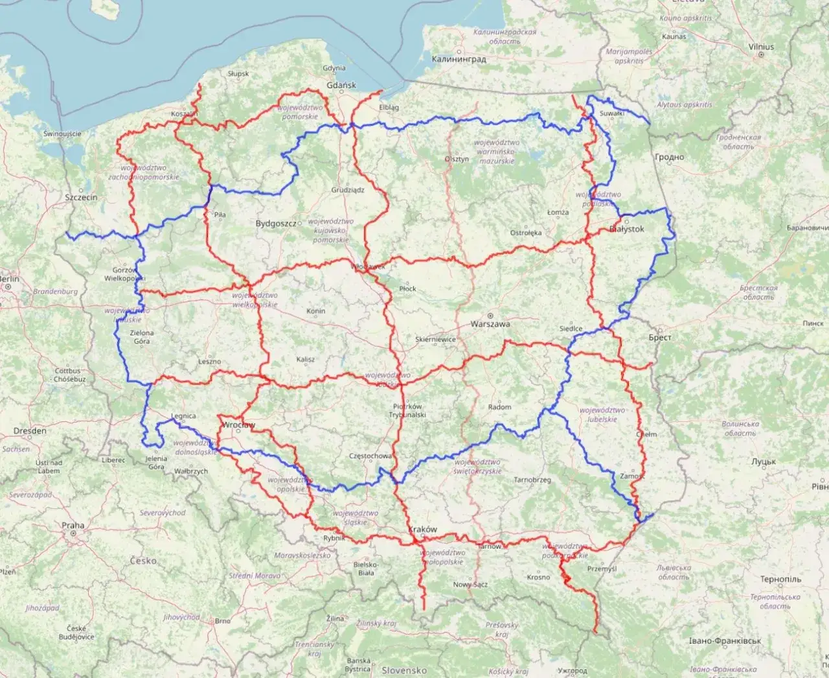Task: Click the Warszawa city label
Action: [x=490, y=323]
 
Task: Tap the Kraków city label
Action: [x=423, y=529]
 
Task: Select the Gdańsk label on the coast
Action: [x=341, y=85]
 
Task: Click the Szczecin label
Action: [x=81, y=197]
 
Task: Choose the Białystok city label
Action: [x=626, y=229]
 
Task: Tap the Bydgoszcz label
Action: [x=275, y=224]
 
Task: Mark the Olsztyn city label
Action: [x=457, y=159]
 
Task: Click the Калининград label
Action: [x=459, y=59]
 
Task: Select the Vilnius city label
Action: [x=761, y=47]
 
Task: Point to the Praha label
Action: [x=73, y=525]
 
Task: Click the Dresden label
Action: [x=30, y=430]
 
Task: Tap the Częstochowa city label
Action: [x=370, y=456]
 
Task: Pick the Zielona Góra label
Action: [x=142, y=337]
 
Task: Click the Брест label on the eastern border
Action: [x=660, y=338]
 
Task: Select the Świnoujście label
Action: [x=62, y=134]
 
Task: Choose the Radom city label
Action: [x=499, y=407]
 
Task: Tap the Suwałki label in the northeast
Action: [x=611, y=113]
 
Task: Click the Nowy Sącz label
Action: [x=470, y=585]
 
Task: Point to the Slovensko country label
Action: [x=403, y=670]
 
